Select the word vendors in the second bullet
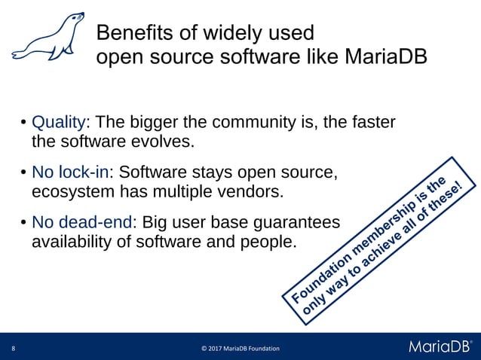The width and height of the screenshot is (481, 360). coord(256,191)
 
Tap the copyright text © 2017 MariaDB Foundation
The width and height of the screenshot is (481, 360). coord(240,348)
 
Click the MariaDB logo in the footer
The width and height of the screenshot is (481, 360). coord(440,346)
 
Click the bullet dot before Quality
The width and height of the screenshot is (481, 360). coord(24,123)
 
